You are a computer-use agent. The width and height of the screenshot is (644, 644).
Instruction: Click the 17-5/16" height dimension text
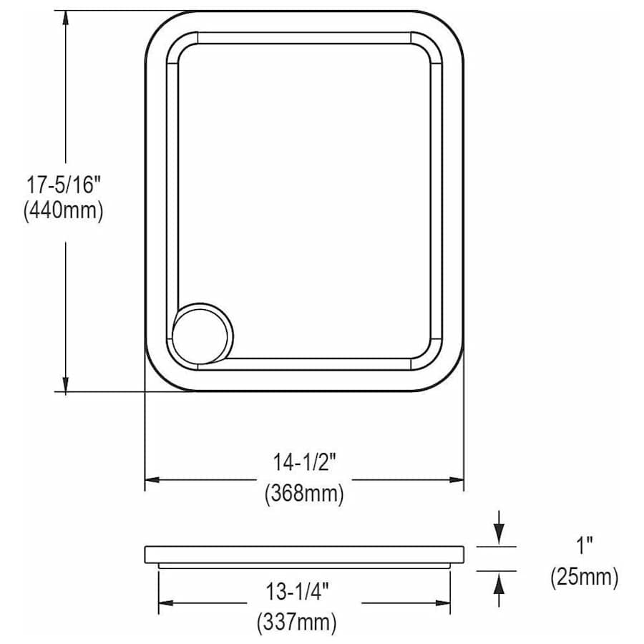point(64,185)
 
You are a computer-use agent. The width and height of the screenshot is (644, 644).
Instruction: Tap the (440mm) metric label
point(64,211)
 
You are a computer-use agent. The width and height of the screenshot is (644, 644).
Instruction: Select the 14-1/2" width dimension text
point(305,462)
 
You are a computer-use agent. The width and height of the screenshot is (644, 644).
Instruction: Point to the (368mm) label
point(304,493)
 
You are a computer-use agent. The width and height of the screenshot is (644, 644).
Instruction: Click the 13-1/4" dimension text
point(298,592)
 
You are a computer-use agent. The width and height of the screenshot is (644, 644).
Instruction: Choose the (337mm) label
point(297,623)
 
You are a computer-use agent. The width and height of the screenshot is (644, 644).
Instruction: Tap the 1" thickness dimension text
point(585,546)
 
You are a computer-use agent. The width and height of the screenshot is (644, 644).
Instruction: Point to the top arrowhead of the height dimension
point(65,19)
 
